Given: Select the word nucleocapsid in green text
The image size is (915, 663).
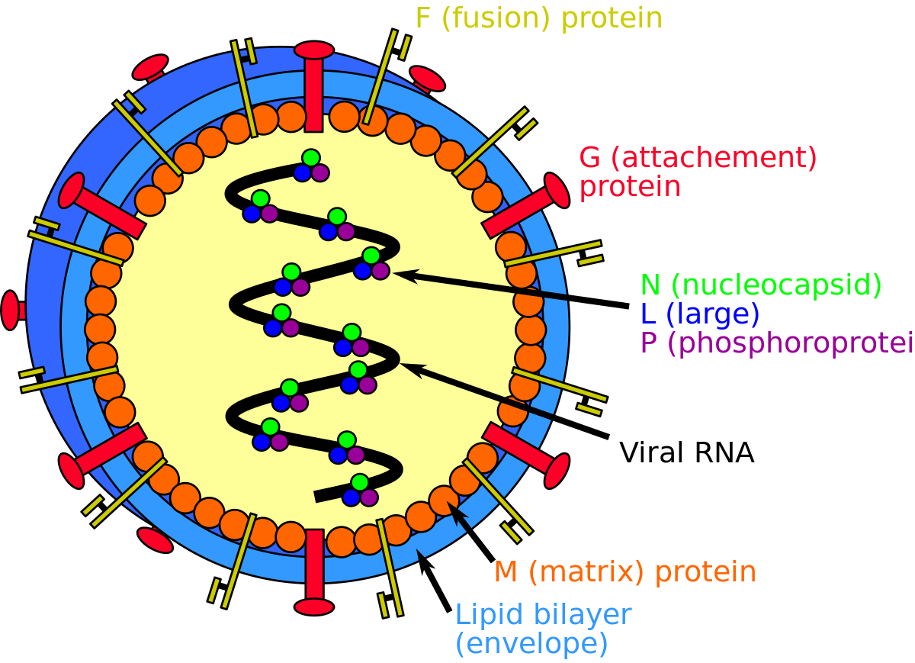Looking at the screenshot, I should point(776,285).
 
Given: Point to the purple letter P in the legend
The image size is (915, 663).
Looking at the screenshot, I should point(650,343).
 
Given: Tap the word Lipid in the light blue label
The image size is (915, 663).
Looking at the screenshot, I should point(487,614).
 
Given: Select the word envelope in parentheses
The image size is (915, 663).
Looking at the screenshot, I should point(531,644).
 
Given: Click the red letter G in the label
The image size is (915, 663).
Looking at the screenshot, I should point(590,158).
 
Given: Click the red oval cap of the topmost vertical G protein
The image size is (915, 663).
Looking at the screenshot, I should point(314,50).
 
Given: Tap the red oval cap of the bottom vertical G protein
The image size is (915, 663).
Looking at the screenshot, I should point(314,607).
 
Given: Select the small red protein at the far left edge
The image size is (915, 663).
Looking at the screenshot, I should point(10,311).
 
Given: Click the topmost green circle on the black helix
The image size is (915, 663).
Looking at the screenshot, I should point(310,158).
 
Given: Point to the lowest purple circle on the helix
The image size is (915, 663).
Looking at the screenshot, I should point(369,497).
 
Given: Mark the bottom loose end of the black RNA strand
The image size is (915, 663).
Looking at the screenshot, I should point(317,497).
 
